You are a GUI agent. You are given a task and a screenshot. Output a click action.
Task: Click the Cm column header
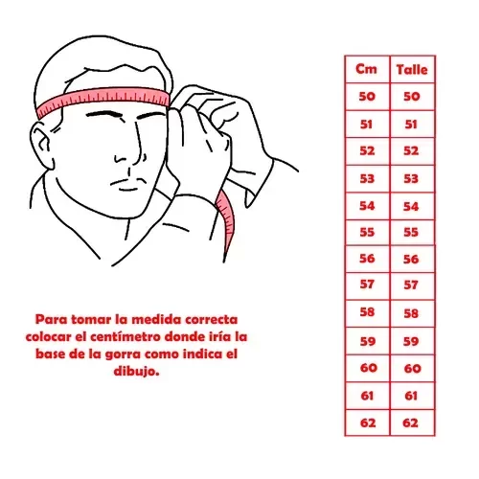[366, 69]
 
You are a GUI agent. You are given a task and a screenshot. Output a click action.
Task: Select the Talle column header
[412, 70]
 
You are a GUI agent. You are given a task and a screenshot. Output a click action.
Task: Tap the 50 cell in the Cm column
[367, 97]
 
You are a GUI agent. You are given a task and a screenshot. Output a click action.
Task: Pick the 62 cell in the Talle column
[411, 423]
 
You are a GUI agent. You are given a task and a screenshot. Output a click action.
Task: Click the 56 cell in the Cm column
[367, 259]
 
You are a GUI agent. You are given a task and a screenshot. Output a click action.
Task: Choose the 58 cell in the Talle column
[411, 313]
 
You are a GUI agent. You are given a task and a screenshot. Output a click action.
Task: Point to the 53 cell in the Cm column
[367, 178]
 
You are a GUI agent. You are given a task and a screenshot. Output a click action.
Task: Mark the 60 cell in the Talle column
[413, 369]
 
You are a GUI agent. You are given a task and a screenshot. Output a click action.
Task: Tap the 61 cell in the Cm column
[367, 396]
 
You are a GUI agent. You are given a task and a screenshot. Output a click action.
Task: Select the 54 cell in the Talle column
[411, 207]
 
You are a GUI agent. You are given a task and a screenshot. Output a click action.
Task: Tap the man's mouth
[127, 185]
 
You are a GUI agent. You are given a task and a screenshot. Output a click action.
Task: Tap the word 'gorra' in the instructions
[124, 354]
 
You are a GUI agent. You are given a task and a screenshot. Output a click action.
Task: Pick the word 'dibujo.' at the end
[136, 372]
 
